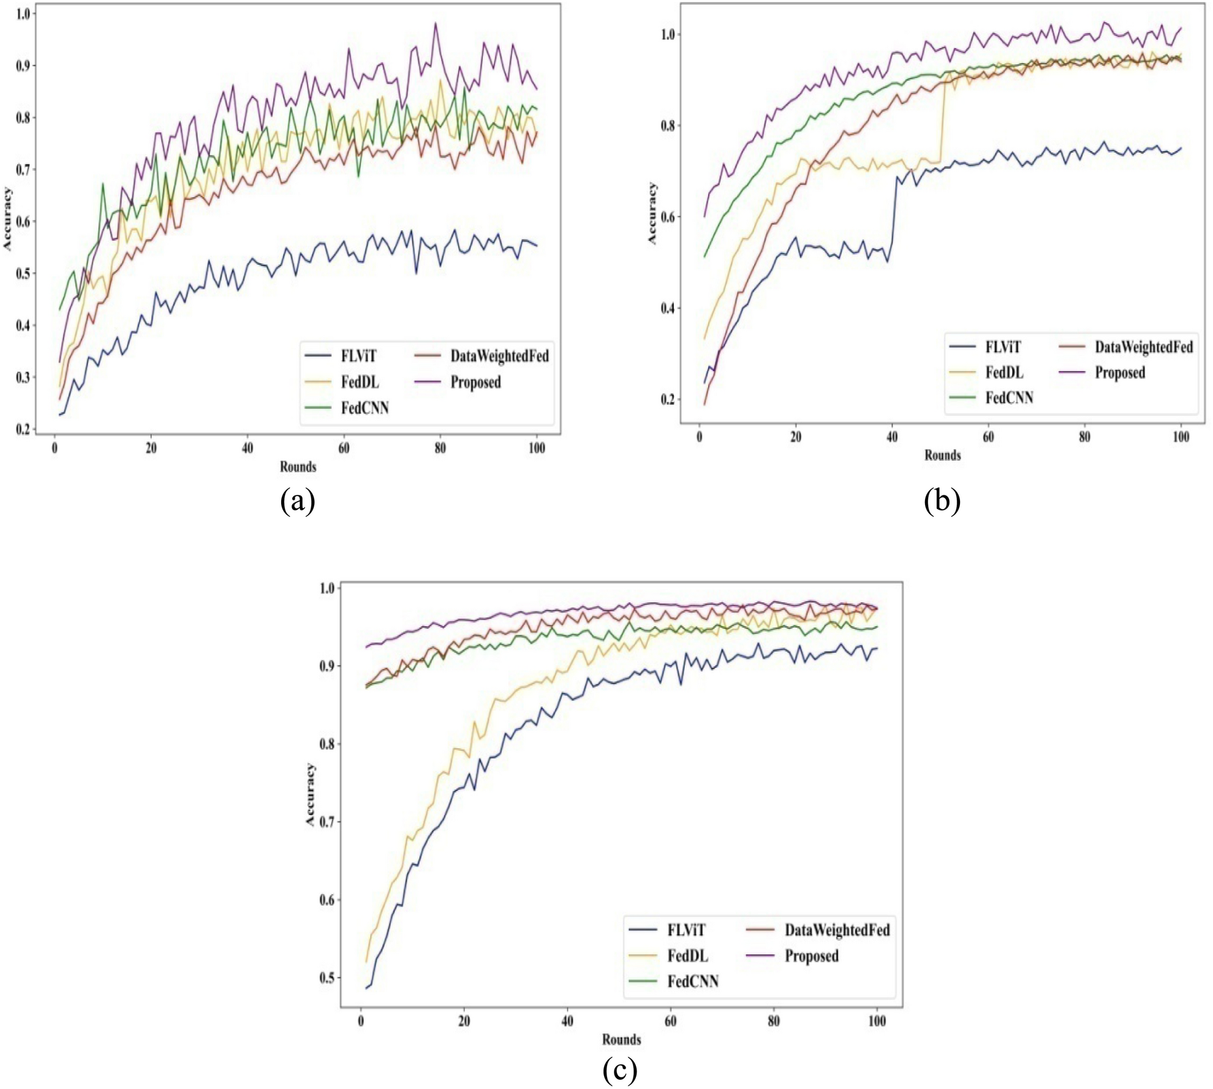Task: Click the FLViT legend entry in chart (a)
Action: pos(358,356)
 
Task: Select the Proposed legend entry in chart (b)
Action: pos(1119,372)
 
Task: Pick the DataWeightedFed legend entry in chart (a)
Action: pos(499,356)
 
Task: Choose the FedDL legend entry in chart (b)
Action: pos(1003,372)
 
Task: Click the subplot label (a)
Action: pos(298,501)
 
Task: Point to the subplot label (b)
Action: pos(942,501)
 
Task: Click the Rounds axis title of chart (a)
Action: pos(298,467)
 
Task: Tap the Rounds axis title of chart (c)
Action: pos(621,1039)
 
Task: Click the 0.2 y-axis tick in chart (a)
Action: pos(23,429)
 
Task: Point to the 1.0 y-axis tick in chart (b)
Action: pos(668,34)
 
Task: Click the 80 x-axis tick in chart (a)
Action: pos(440,448)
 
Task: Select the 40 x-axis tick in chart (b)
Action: pos(892,437)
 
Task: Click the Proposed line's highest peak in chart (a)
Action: pos(436,23)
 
